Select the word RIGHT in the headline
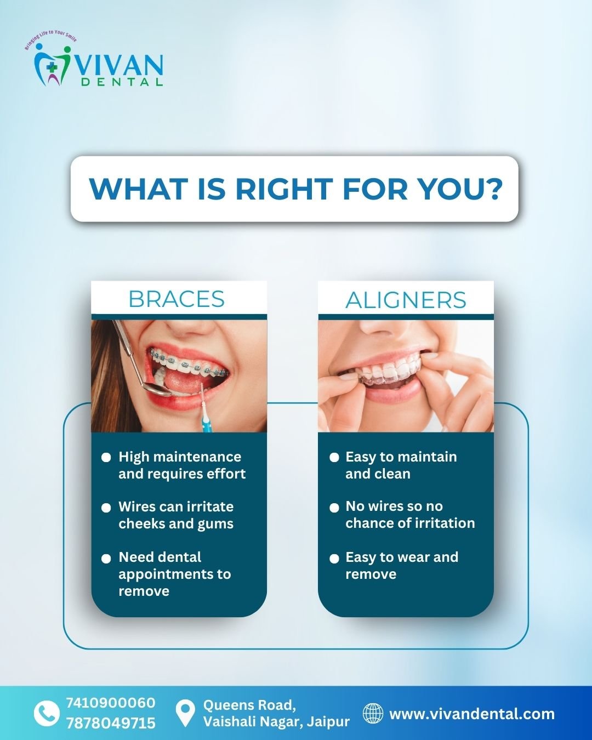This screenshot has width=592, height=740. click(x=284, y=189)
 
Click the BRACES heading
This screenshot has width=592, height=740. click(x=177, y=299)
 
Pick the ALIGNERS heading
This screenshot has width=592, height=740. click(x=406, y=300)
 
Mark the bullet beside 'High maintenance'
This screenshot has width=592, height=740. click(x=106, y=457)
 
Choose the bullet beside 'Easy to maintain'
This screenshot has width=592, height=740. click(x=334, y=457)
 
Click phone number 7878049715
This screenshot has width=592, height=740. click(x=110, y=723)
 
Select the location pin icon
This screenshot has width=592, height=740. click(x=185, y=714)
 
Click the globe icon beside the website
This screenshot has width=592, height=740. click(x=373, y=713)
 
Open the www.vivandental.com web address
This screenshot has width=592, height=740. click(x=471, y=714)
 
